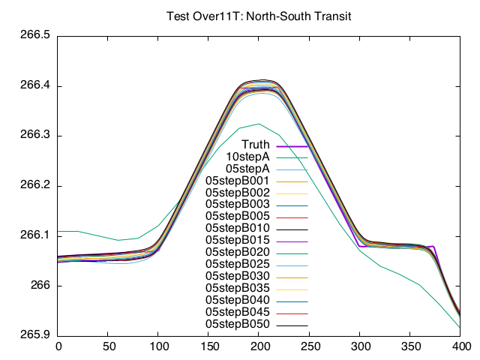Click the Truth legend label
[256, 145]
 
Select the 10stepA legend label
[247, 157]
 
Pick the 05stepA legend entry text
[247, 169]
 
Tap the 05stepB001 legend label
[237, 181]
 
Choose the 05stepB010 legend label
[237, 228]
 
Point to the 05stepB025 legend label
[237, 264]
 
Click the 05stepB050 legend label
[237, 323]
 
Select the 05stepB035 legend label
[237, 287]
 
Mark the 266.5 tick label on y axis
[35, 36]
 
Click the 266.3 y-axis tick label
[35, 136]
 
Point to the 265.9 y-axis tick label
[35, 335]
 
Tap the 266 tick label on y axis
[41, 286]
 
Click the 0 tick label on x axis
[58, 346]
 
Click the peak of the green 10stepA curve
[259, 124]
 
